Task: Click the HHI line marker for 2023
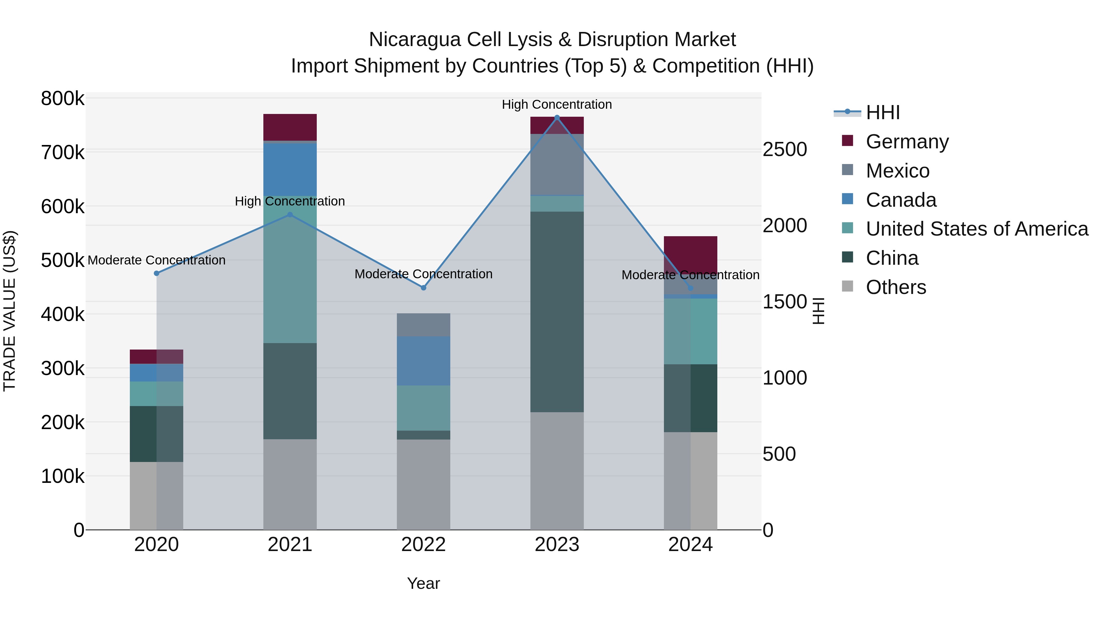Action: (557, 117)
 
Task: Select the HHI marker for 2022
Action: (423, 288)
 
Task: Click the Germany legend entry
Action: (907, 142)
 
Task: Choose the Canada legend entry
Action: (901, 200)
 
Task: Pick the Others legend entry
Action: (896, 287)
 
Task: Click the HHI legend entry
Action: (883, 112)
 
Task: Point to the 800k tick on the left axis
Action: (63, 99)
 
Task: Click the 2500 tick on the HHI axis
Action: (785, 150)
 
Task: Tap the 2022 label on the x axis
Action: (423, 545)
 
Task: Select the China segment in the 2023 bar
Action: (557, 312)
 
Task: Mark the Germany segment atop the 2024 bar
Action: (691, 253)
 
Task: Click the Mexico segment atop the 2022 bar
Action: (423, 325)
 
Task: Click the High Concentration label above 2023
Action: (557, 105)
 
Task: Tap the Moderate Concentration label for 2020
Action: (157, 260)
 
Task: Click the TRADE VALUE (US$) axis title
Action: (10, 311)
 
